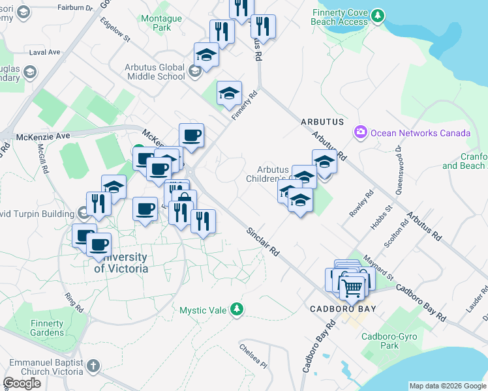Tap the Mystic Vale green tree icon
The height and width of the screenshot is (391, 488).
click(x=238, y=308)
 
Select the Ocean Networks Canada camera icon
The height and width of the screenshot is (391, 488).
click(x=360, y=132)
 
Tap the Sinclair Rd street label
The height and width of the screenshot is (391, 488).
click(x=263, y=241)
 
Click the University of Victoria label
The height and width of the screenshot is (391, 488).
click(x=121, y=262)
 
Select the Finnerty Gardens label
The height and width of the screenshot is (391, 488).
click(x=47, y=328)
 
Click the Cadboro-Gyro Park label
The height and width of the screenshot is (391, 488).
click(x=381, y=341)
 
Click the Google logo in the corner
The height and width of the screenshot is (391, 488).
click(x=22, y=383)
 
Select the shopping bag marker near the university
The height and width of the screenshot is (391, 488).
click(x=184, y=200)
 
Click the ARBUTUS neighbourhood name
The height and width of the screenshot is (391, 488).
click(x=322, y=122)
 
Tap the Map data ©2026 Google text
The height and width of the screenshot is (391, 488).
click(x=448, y=386)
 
